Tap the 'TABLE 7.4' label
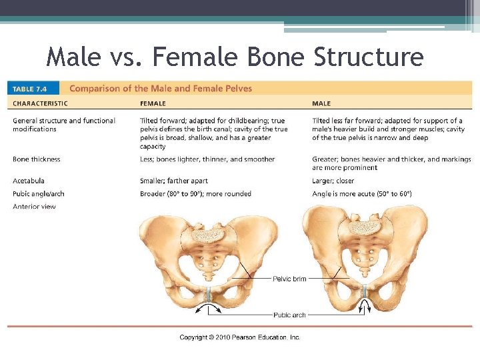coord(32,89)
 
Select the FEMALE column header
coord(153,103)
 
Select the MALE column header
coord(321,103)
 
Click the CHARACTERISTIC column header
coord(40,103)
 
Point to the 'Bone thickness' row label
coord(37,159)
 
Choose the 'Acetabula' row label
coord(29,181)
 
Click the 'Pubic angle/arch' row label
coord(39,194)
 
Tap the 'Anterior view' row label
coord(34,207)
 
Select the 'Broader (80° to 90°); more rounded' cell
coord(195,194)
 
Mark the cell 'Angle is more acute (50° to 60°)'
coord(362,194)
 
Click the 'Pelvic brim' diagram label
coord(289,279)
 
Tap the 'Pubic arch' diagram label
coord(289,314)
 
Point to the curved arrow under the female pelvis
coord(209,307)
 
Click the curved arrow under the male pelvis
coord(365,306)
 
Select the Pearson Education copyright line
coord(240,337)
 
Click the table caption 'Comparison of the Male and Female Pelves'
coord(161,88)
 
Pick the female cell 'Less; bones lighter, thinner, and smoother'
coord(207,159)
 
